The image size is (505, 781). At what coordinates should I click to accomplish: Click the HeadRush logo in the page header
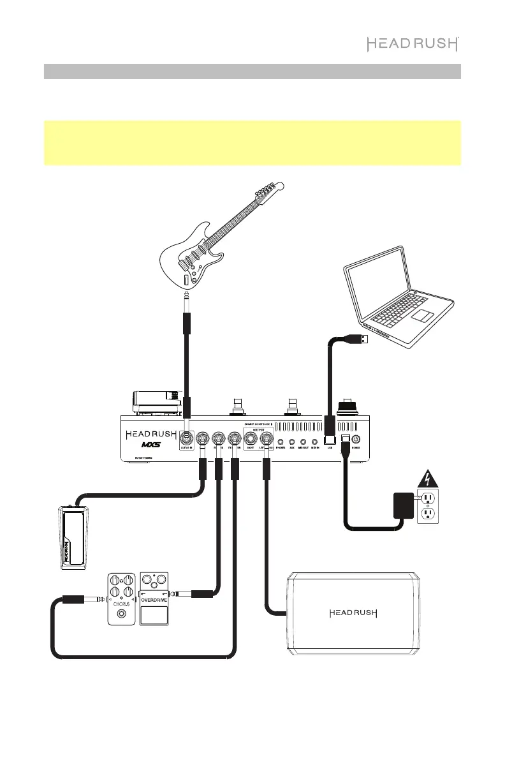pos(413,44)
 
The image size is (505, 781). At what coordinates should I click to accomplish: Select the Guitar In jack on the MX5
pos(187,439)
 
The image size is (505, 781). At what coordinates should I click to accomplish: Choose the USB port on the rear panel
pos(330,440)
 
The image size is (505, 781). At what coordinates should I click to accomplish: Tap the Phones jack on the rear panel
pos(281,441)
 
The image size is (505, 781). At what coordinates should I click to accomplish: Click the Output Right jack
pos(251,439)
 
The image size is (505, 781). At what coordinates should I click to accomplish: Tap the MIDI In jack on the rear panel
pos(314,441)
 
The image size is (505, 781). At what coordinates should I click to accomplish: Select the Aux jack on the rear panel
pos(292,441)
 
